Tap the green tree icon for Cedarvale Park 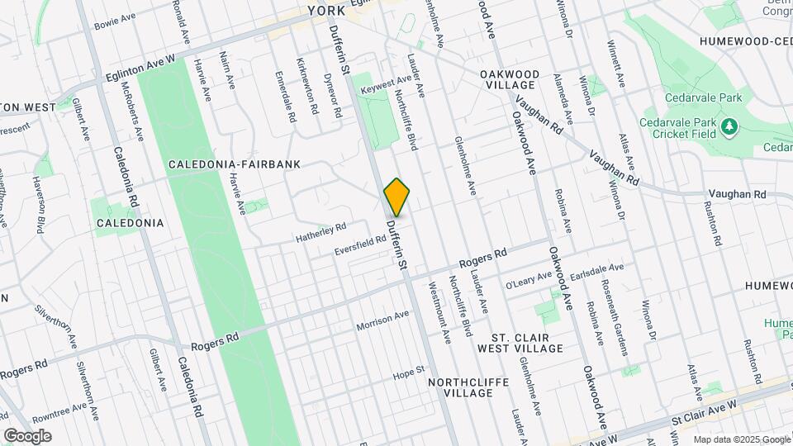click(729, 126)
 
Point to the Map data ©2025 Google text click(741, 439)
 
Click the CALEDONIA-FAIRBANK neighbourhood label click(234, 164)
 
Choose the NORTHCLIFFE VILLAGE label click(462, 387)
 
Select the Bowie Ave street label click(115, 17)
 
